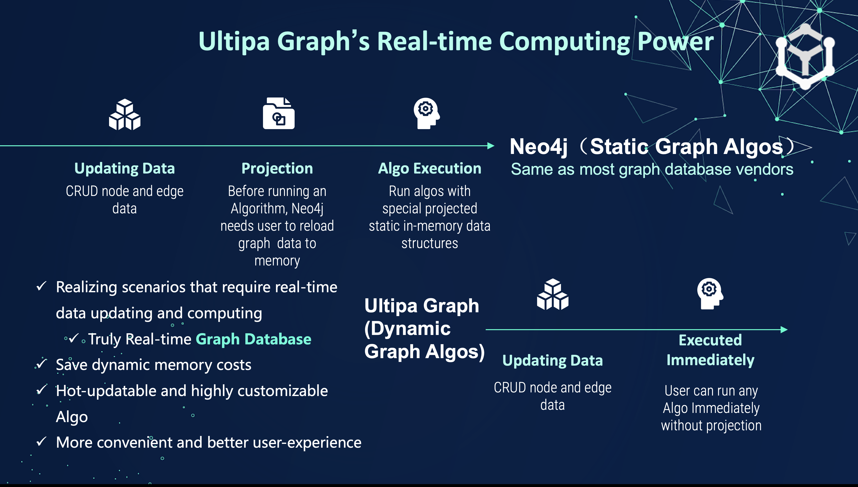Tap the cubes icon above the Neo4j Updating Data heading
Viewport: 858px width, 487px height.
(125, 114)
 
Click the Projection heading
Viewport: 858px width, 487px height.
(277, 168)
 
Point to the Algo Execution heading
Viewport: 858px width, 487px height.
(430, 168)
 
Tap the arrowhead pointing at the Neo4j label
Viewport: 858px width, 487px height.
(491, 146)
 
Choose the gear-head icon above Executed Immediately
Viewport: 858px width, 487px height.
(710, 293)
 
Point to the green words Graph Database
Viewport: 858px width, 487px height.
(253, 339)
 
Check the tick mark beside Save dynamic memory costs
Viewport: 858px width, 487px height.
(41, 364)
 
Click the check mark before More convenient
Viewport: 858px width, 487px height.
(41, 442)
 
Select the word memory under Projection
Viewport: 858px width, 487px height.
(277, 261)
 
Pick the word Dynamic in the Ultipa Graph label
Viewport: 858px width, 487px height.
(407, 329)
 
